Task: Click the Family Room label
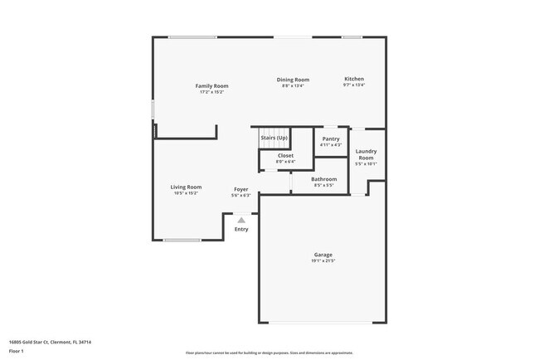[211, 85]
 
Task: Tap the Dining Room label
[293, 80]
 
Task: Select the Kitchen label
[354, 79]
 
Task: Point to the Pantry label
[330, 139]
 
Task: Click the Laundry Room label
[366, 153]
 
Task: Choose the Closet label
[285, 155]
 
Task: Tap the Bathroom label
[323, 179]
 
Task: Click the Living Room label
[186, 187]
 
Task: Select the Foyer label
[240, 189]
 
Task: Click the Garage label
[323, 255]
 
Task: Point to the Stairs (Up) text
[274, 138]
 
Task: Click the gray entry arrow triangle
[241, 220]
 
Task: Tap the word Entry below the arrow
[241, 230]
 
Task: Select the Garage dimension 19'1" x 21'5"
[323, 261]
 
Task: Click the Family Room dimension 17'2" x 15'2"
[211, 92]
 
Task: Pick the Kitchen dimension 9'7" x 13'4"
[354, 85]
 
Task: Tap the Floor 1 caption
[17, 351]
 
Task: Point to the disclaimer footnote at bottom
[270, 353]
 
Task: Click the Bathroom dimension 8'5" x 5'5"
[323, 185]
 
